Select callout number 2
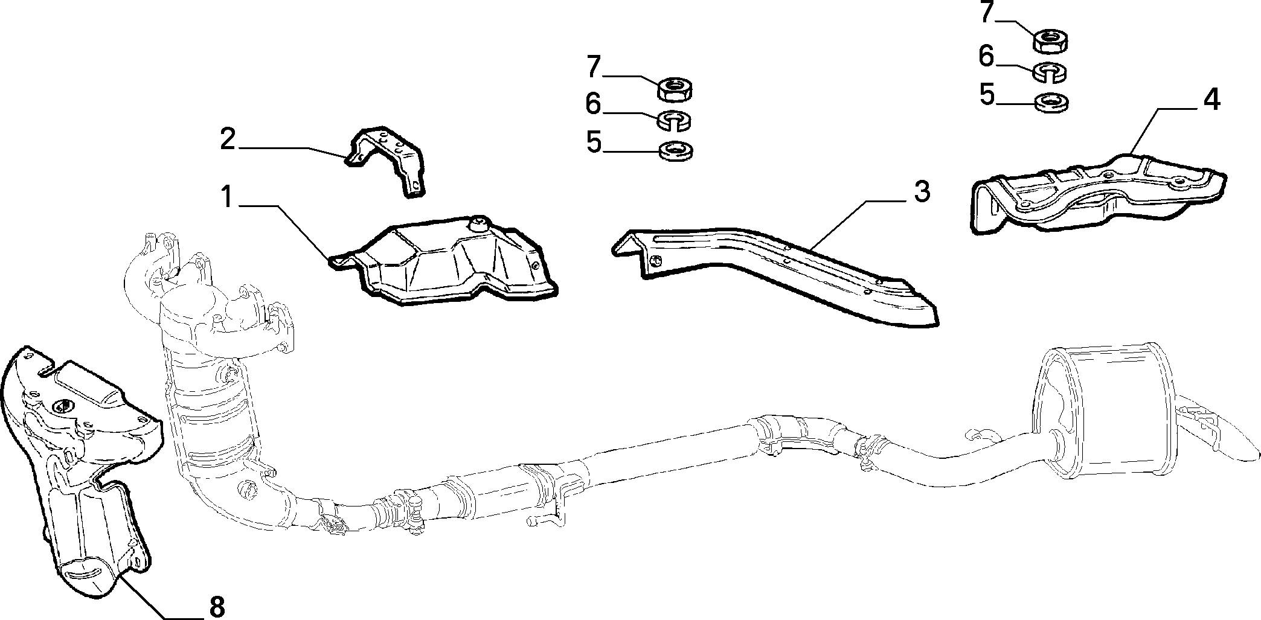228,139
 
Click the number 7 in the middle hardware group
594,67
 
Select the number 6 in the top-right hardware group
986,56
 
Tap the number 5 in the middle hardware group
594,142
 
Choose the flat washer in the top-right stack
1050,103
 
